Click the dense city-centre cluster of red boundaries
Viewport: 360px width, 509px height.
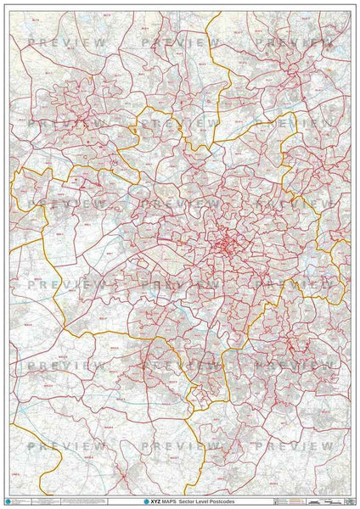222,246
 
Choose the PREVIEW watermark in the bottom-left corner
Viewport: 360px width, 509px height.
67,445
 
